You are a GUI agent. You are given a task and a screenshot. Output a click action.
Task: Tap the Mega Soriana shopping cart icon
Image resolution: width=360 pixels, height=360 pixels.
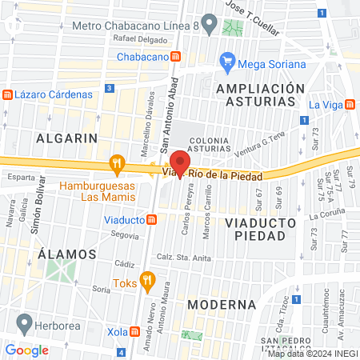pos(227,62)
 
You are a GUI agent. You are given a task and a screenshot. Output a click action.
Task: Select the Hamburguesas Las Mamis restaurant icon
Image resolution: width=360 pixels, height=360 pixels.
pos(118,165)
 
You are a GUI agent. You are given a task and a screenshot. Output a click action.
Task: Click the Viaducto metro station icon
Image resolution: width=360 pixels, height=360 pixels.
pos(151,219)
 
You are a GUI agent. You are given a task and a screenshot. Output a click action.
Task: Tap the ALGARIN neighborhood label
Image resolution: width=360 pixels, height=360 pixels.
pos(61,138)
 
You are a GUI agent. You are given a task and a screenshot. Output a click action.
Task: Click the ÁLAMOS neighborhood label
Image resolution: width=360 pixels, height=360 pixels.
pos(67,254)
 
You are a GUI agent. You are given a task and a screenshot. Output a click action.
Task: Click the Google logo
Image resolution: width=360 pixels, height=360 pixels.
pos(26,350)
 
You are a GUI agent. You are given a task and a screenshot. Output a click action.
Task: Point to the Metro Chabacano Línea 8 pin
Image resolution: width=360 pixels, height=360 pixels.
pos(210,24)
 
